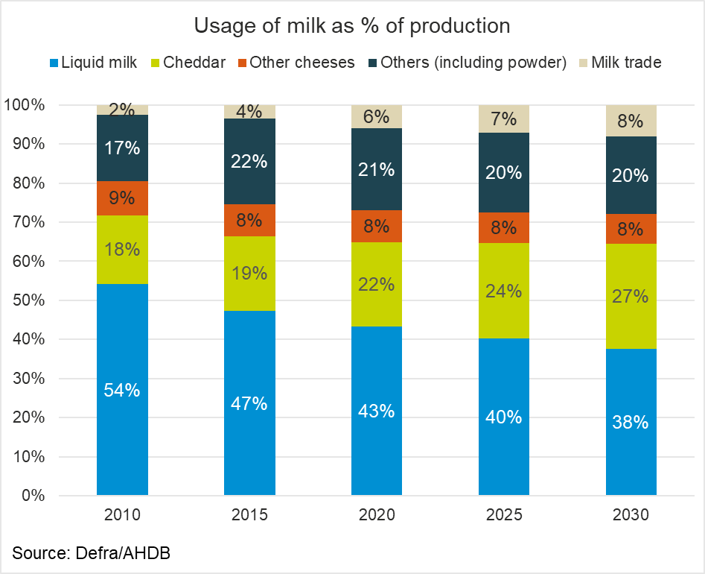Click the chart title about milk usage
(352, 25)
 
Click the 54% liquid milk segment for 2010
(122, 389)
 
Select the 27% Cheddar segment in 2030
(631, 296)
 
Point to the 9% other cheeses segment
(122, 198)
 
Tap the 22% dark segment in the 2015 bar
(249, 161)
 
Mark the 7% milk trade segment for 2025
(504, 119)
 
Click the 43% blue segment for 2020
(377, 411)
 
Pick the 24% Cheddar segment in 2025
(504, 290)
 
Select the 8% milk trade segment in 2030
(631, 121)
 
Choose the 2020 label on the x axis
(377, 515)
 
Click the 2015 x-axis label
(249, 515)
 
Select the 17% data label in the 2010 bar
(122, 148)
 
